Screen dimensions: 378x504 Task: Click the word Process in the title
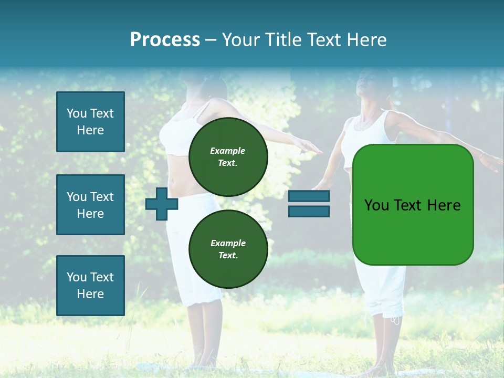[165, 40]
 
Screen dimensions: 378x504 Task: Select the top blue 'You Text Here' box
[90, 122]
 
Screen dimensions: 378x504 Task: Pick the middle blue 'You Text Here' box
[90, 205]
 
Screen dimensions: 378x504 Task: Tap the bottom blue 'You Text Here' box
[90, 285]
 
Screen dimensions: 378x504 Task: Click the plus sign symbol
[161, 204]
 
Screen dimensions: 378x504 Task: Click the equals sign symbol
[309, 204]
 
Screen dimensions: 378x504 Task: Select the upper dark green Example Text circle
[228, 156]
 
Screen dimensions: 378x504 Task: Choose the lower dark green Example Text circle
[228, 249]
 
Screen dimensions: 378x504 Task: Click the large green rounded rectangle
[413, 204]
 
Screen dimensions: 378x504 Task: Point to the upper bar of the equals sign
[309, 196]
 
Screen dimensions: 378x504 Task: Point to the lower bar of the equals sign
[309, 212]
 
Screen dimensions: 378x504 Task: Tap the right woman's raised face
[367, 84]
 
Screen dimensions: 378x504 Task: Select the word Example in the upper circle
[228, 151]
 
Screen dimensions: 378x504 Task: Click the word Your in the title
[240, 40]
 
